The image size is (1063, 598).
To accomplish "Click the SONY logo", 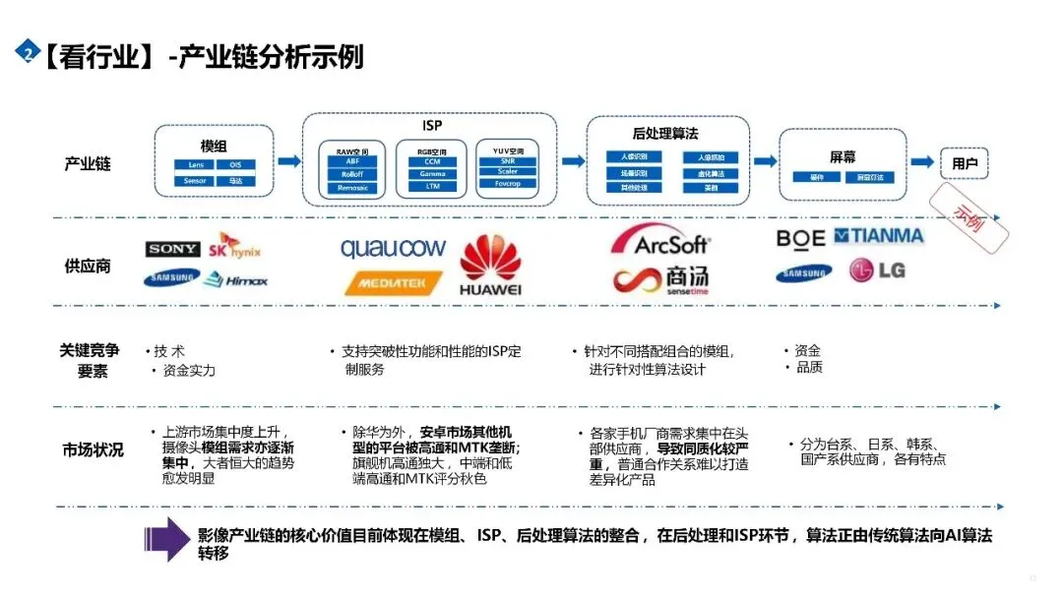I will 172,250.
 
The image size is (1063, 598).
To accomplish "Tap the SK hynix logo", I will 235,247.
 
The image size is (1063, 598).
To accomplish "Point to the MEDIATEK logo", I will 392,283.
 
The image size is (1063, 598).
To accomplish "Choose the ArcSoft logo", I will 658,241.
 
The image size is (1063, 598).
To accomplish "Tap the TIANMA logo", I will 879,236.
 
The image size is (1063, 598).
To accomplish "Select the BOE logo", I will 800,237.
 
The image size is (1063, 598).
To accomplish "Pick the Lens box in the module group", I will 189,165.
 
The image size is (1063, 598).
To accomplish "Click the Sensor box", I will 189,181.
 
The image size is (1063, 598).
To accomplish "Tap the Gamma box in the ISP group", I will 432,174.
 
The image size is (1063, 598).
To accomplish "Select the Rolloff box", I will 353,174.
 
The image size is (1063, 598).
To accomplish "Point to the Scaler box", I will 508,171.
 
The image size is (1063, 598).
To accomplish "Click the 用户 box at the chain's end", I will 964,163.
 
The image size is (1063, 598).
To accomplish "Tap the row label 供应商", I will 88,266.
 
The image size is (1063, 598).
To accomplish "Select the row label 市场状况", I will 93,450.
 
